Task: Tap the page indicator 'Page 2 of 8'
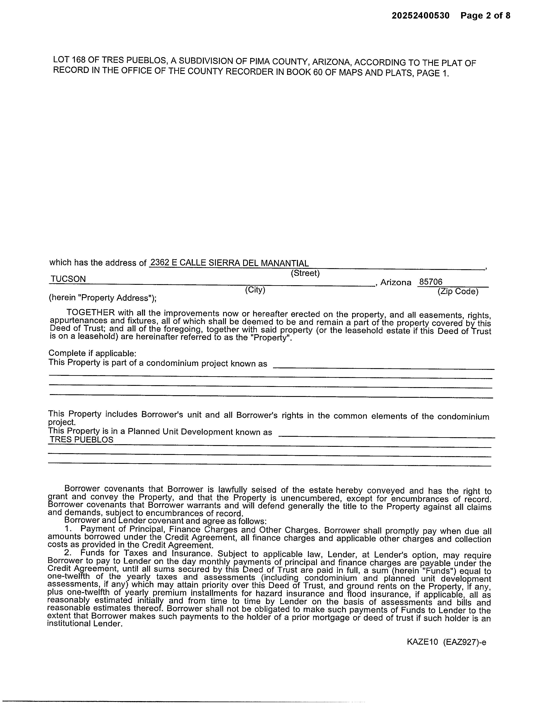(485, 16)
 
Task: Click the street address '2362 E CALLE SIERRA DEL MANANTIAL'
(229, 263)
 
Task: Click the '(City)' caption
(255, 290)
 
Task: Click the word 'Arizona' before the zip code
(396, 282)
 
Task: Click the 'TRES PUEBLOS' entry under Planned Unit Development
(81, 440)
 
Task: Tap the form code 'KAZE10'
(422, 642)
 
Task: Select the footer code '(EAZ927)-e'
(465, 642)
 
